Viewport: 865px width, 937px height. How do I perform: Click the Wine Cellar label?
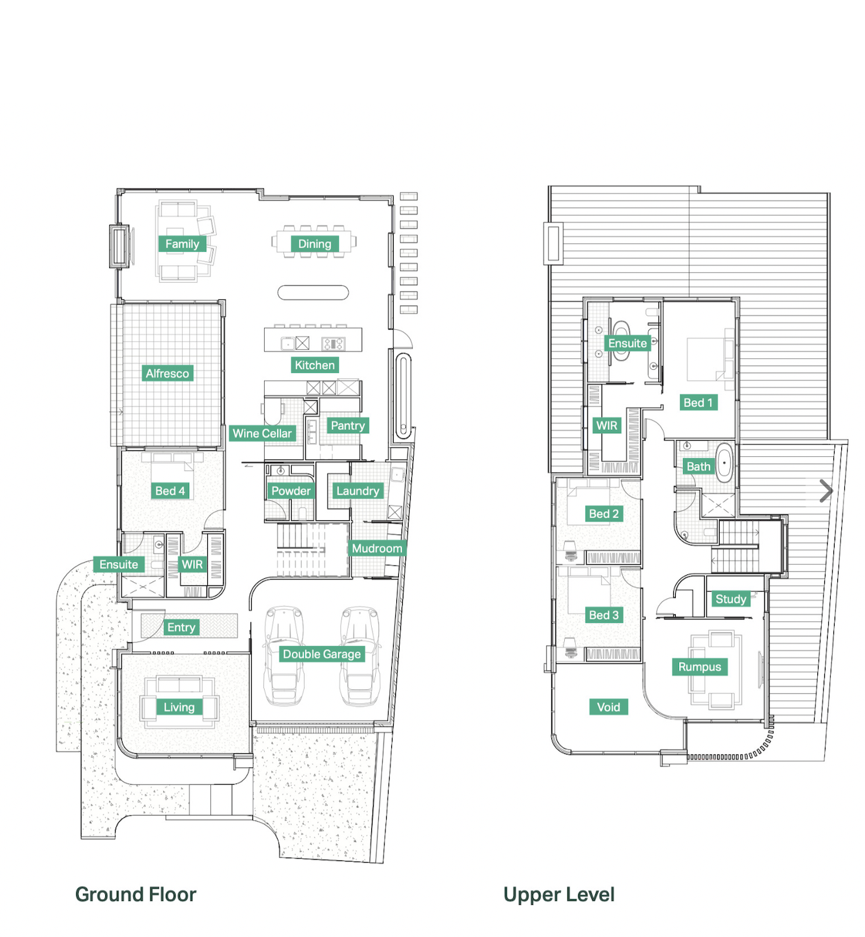click(x=262, y=433)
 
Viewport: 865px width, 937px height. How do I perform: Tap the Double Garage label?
click(x=321, y=654)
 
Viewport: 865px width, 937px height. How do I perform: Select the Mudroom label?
click(x=377, y=549)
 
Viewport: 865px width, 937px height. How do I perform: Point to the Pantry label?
click(x=347, y=425)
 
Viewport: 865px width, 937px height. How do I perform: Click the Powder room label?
click(x=291, y=490)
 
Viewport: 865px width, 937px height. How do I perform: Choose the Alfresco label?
click(x=167, y=373)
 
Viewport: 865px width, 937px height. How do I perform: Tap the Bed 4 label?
click(x=170, y=490)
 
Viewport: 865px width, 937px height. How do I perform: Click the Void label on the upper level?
click(x=608, y=707)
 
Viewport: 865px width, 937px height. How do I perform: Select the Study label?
click(x=731, y=599)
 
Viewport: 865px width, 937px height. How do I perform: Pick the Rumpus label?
click(x=699, y=667)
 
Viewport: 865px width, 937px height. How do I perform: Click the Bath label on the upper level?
click(x=698, y=466)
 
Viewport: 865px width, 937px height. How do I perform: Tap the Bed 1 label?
click(x=698, y=403)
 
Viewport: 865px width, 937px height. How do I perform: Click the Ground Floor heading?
click(x=136, y=894)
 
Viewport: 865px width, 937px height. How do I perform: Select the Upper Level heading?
click(x=559, y=894)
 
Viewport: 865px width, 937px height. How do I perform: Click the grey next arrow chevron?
click(x=826, y=491)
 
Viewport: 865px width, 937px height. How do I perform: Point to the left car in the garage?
click(x=284, y=656)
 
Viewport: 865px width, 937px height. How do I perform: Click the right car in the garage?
click(x=360, y=656)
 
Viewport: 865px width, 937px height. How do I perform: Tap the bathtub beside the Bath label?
click(x=724, y=463)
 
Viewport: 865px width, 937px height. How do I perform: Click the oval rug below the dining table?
click(x=313, y=292)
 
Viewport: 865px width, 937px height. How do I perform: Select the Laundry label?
click(x=358, y=490)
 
